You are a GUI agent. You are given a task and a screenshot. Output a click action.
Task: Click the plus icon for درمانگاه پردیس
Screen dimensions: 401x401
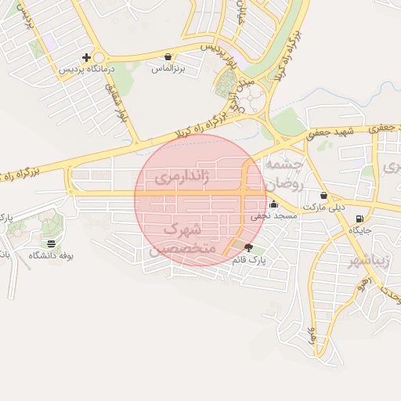86,57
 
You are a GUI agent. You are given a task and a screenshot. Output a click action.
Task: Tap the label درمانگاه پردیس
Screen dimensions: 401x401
88,69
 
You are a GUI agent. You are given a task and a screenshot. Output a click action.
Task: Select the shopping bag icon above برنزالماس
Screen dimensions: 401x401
168,57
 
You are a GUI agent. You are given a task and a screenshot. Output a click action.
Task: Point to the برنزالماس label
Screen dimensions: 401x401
167,69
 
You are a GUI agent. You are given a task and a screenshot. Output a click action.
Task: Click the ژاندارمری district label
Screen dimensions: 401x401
182,176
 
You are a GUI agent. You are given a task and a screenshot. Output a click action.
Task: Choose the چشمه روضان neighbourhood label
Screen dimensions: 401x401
284,173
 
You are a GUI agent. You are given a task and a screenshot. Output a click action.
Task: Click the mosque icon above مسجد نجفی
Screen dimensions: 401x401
273,204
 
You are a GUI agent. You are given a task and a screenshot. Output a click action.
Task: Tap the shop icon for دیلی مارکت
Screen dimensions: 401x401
323,195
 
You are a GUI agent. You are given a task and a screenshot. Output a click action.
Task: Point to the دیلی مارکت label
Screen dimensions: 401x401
323,207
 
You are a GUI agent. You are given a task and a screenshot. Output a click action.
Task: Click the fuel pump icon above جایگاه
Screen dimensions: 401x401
359,219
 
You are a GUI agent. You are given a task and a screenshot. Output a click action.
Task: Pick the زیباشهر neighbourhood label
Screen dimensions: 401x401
367,260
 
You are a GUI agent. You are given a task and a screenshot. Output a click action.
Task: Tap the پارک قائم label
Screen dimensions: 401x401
250,259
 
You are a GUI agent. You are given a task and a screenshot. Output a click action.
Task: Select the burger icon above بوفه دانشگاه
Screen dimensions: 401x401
51,244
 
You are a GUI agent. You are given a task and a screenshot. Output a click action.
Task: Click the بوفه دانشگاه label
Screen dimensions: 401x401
51,255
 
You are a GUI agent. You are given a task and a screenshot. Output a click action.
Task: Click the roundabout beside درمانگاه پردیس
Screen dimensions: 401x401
100,58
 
